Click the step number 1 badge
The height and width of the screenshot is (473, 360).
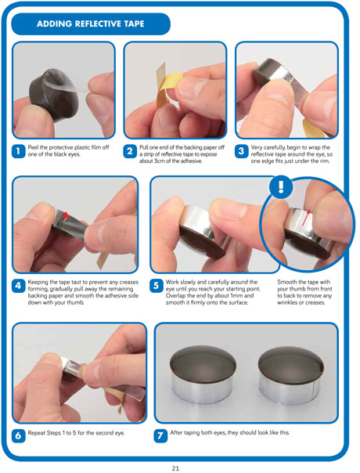18,151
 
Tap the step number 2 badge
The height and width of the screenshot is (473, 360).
130,151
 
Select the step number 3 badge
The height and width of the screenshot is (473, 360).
241,151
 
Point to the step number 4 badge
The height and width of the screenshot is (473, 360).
18,286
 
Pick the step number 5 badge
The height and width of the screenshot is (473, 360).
156,286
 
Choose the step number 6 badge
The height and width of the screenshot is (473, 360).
18,436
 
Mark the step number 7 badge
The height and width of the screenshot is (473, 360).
160,436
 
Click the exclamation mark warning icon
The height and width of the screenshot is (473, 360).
281,187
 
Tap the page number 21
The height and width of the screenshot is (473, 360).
175,468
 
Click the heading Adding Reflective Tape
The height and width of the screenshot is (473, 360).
91,23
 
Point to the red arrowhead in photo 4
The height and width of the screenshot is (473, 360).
66,215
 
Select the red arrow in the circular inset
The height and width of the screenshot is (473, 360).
307,218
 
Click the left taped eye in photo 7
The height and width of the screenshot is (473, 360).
203,374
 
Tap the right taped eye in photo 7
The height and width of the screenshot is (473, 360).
291,375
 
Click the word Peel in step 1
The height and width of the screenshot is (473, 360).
33,147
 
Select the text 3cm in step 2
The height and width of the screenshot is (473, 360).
159,161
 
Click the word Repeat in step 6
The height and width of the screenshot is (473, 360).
36,433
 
